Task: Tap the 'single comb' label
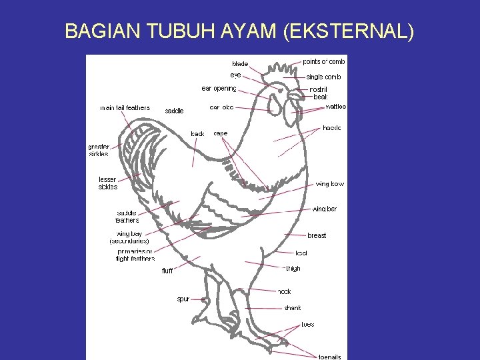click(323, 77)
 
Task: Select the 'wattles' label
click(335, 107)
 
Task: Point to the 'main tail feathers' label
click(125, 108)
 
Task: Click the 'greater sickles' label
click(99, 151)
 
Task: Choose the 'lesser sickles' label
click(107, 183)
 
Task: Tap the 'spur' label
click(183, 299)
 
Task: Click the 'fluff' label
click(167, 271)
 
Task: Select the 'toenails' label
click(329, 357)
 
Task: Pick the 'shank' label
click(293, 308)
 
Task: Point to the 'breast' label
click(317, 235)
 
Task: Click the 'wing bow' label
click(330, 184)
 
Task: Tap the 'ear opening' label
click(219, 88)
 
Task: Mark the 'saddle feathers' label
click(127, 217)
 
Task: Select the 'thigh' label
click(293, 268)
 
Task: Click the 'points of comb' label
click(324, 61)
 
